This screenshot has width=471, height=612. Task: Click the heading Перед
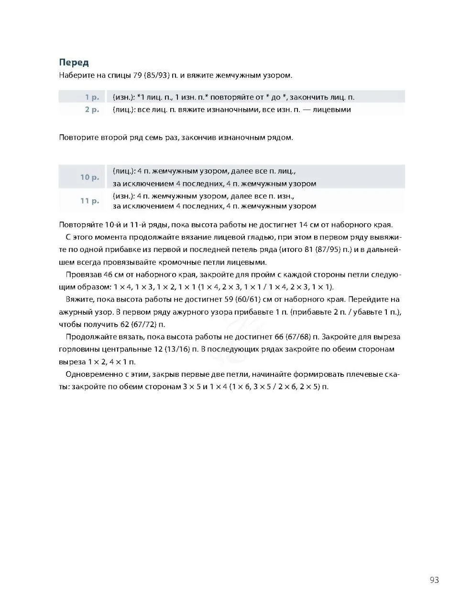tap(74, 63)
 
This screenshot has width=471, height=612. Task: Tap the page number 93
tap(434, 580)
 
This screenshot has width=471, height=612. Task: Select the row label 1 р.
tap(92, 97)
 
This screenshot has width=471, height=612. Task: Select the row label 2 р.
tap(92, 109)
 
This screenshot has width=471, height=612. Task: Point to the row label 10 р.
tap(89, 177)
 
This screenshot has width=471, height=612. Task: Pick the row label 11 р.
tap(89, 201)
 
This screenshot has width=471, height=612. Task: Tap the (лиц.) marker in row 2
tap(122, 109)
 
